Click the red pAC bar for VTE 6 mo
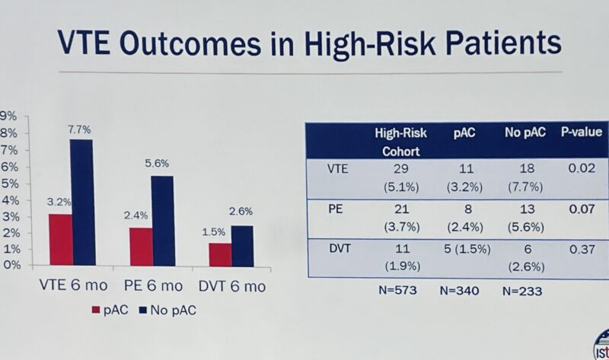pyautogui.click(x=61, y=240)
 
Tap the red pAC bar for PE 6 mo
pyautogui.click(x=140, y=247)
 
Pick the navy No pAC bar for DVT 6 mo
pyautogui.click(x=242, y=246)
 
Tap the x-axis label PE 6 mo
pyautogui.click(x=153, y=286)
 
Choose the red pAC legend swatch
pyautogui.click(x=96, y=310)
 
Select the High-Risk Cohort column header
pyautogui.click(x=396, y=141)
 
